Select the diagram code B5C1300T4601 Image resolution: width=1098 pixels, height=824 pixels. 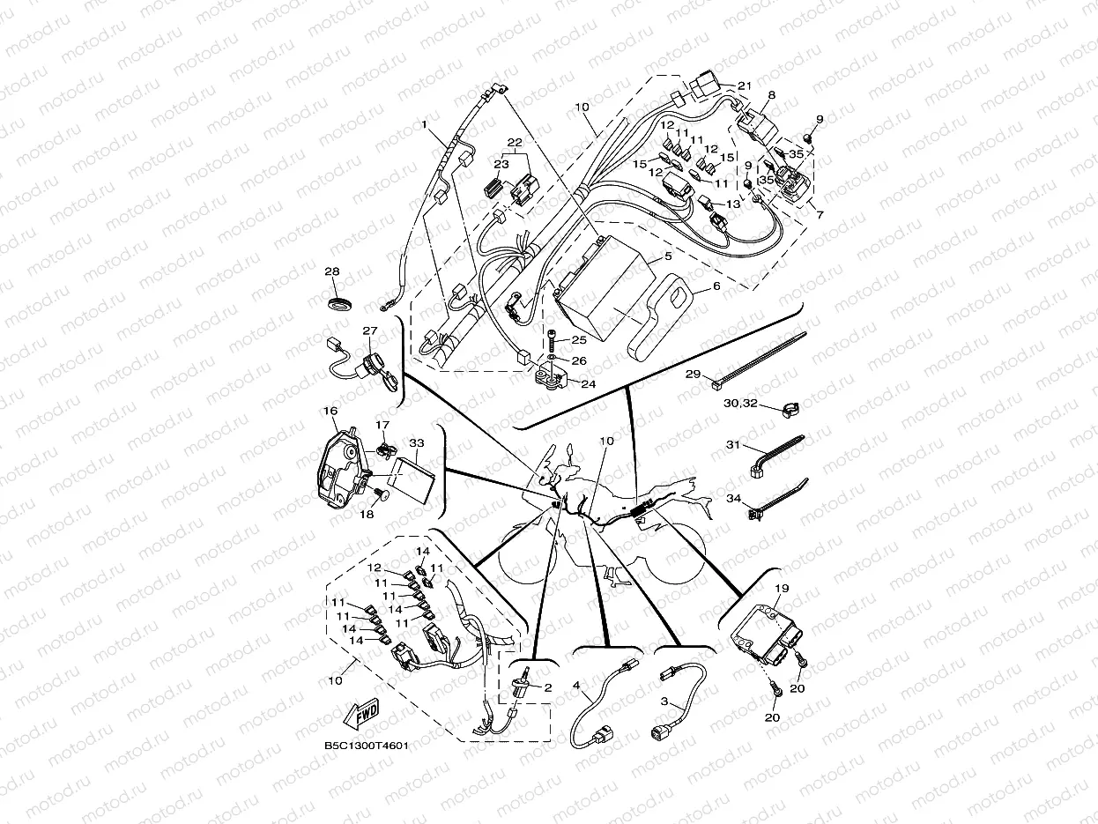tap(367, 746)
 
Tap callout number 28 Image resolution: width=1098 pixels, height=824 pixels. tap(332, 271)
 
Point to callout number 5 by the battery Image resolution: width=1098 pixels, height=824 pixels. tap(668, 256)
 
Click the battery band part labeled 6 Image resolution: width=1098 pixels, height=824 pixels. tap(661, 321)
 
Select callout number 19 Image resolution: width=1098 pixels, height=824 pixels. tap(782, 589)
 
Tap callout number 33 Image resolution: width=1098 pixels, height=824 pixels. tap(417, 442)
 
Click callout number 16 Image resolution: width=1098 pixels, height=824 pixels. tap(330, 411)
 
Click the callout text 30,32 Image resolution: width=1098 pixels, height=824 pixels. tap(740, 403)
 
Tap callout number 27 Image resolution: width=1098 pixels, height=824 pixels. tap(370, 330)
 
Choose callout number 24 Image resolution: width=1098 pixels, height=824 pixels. tap(589, 384)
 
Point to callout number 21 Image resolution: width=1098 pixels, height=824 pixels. tap(745, 85)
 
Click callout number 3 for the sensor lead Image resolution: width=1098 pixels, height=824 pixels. tap(664, 702)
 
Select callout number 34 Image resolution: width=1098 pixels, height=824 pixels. tap(733, 498)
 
